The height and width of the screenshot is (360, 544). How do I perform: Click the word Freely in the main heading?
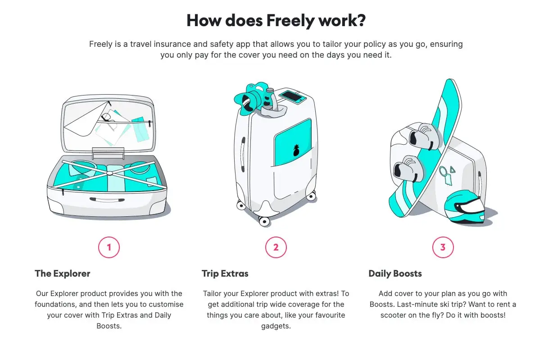pyautogui.click(x=290, y=21)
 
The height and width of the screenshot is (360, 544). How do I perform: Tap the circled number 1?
pyautogui.click(x=109, y=247)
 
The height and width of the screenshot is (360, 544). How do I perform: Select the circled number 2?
pyautogui.click(x=276, y=247)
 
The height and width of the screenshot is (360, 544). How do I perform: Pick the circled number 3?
pyautogui.click(x=443, y=247)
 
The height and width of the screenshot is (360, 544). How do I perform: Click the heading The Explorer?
pyautogui.click(x=63, y=273)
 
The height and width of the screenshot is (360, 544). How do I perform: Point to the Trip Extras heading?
pyautogui.click(x=225, y=274)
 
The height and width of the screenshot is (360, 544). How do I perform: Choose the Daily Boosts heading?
pyautogui.click(x=395, y=274)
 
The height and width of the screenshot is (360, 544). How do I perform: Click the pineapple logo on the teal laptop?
pyautogui.click(x=296, y=150)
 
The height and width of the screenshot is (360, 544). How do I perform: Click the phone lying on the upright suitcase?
pyautogui.click(x=292, y=97)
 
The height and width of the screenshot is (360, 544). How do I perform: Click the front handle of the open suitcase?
pyautogui.click(x=107, y=200)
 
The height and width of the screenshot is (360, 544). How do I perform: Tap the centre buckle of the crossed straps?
pyautogui.click(x=109, y=173)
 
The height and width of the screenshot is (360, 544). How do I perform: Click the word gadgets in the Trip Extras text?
pyautogui.click(x=276, y=326)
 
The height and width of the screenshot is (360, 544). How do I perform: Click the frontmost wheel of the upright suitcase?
pyautogui.click(x=264, y=221)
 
